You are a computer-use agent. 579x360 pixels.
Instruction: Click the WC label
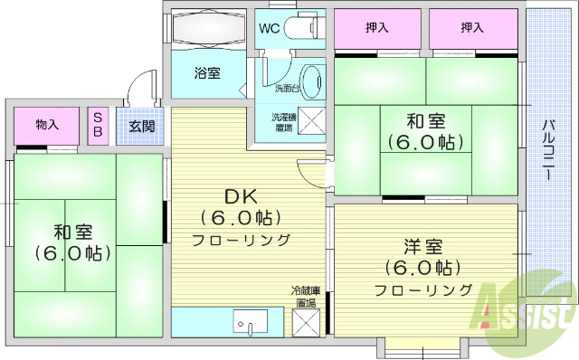click(x=270, y=28)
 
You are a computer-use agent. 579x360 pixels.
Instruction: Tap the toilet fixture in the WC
click(x=302, y=28)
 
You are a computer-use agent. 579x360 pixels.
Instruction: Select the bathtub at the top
click(x=207, y=30)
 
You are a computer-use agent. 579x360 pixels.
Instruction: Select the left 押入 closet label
click(x=377, y=28)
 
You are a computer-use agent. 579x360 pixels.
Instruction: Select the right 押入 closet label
click(x=471, y=28)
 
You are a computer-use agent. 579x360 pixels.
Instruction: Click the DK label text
click(x=241, y=196)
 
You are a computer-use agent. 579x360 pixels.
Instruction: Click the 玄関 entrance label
click(x=141, y=126)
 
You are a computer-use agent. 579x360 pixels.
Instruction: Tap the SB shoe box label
click(x=98, y=126)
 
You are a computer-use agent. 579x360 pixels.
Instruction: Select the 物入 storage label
click(x=48, y=124)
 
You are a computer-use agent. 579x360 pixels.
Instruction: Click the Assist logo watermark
click(x=530, y=312)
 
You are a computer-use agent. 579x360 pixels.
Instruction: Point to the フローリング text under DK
click(x=241, y=240)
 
